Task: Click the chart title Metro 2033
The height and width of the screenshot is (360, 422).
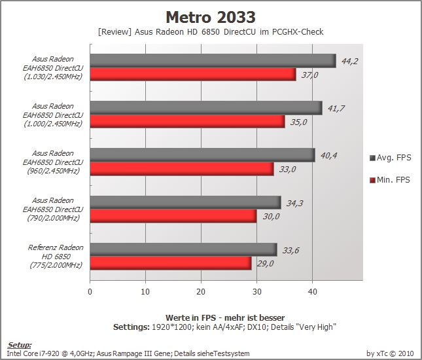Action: [211, 17]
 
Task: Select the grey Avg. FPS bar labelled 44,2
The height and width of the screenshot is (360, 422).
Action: [213, 61]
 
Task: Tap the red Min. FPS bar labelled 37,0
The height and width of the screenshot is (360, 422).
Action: [193, 75]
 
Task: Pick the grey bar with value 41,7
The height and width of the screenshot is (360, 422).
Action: [206, 108]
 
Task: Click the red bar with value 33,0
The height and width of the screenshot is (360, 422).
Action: [182, 169]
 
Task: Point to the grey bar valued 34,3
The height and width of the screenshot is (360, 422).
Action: [185, 202]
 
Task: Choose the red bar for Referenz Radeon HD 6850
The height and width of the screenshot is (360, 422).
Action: [171, 263]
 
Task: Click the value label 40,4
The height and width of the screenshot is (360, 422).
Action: [328, 156]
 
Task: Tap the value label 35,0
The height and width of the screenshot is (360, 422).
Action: [298, 122]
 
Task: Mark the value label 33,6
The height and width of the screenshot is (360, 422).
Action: [290, 251]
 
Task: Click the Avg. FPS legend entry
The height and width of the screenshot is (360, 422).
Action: [391, 158]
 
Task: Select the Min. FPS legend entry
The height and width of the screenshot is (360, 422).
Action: [390, 179]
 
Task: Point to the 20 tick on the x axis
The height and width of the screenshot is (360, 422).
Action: [201, 292]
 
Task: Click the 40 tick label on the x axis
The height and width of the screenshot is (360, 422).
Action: [313, 292]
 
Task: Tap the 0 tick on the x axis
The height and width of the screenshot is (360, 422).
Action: [90, 292]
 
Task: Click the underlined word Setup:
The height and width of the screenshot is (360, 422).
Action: [19, 345]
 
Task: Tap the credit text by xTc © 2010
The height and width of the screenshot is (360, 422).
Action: [390, 353]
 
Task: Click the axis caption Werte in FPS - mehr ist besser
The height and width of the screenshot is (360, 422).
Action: [225, 317]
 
